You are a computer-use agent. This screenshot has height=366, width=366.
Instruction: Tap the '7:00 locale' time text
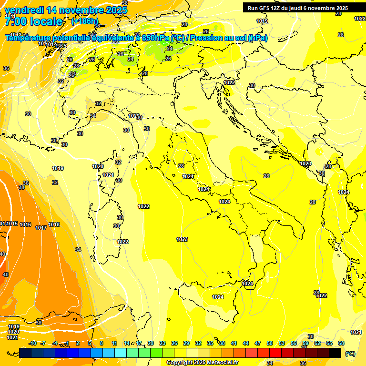coord(33,21)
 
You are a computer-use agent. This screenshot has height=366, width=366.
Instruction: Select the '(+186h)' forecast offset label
coord(84,21)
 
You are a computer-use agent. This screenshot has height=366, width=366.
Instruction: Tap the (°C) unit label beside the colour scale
coord(350,353)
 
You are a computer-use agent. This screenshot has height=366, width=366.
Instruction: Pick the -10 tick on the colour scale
coord(32,343)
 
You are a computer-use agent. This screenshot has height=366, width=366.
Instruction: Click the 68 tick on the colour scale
coord(341,343)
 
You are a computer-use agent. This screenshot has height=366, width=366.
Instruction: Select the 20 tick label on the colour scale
coord(151,343)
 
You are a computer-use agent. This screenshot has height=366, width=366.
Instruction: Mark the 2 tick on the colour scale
coord(78,343)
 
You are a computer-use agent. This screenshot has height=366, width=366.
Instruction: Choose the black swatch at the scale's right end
coord(335,353)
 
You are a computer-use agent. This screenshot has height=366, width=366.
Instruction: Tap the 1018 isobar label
coord(54,224)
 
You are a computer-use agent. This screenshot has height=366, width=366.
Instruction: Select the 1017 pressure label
coord(41,228)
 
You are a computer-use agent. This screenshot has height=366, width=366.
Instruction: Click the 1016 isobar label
coord(25,224)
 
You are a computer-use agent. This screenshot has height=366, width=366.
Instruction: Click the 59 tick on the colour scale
coord(305,343)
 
